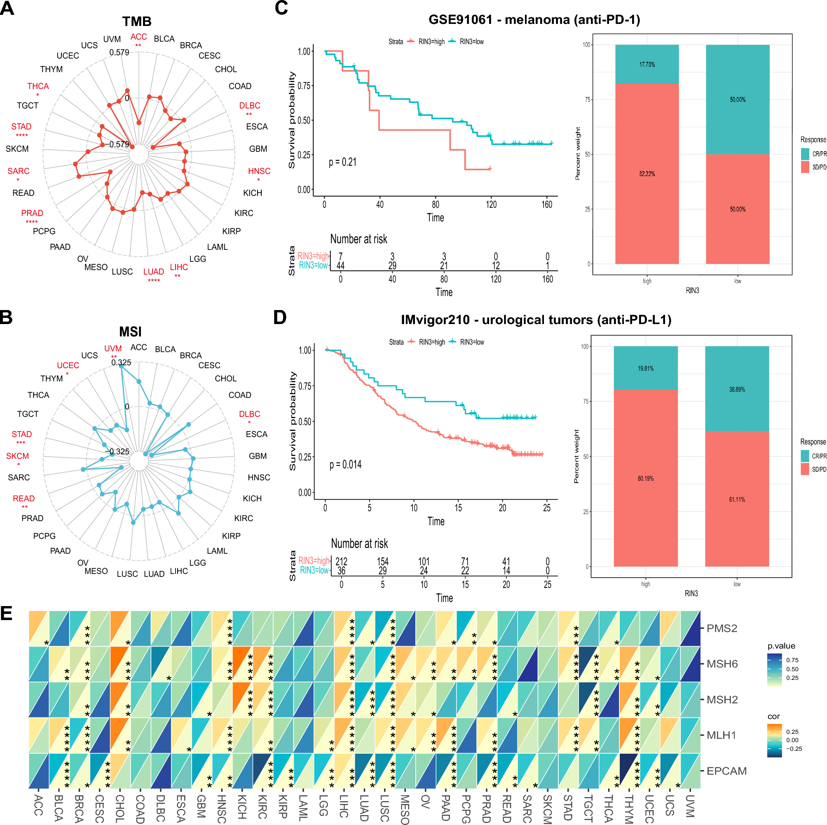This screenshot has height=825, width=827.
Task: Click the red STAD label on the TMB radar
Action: [21, 126]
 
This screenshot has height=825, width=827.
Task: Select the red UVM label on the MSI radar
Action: [113, 348]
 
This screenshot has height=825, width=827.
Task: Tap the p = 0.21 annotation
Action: [342, 162]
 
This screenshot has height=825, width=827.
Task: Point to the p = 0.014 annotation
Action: [345, 465]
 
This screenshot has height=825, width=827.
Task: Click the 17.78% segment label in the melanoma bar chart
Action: [647, 65]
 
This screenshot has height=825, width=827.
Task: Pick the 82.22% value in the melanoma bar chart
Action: [647, 174]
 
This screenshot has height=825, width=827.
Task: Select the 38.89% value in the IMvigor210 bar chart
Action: [737, 389]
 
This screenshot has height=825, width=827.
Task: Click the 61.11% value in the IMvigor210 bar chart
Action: [737, 499]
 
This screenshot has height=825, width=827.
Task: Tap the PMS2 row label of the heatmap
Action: [722, 628]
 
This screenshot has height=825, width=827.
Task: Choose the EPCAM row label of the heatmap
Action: [726, 771]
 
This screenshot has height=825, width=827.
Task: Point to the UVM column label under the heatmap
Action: [690, 806]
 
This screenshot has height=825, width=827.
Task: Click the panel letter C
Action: [281, 8]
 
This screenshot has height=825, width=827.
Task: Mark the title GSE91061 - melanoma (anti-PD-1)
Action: [534, 20]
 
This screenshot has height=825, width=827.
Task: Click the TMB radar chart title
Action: [136, 21]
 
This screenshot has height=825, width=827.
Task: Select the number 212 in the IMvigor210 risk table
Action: [341, 561]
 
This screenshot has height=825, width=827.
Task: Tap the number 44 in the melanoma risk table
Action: [340, 266]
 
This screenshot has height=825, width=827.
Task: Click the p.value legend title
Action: [781, 646]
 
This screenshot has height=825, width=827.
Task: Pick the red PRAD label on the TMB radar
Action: [32, 213]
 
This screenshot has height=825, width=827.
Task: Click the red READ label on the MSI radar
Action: [23, 498]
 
